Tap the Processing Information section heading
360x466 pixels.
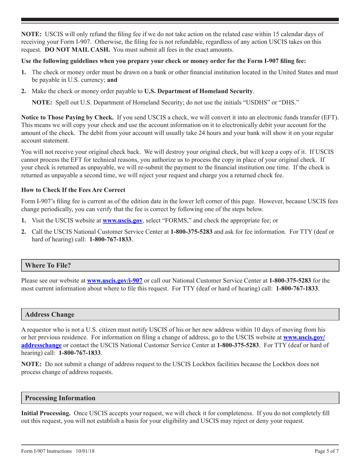coord(60,398)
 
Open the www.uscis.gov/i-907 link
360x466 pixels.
coord(115,281)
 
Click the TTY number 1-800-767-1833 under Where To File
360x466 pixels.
coord(297,288)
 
